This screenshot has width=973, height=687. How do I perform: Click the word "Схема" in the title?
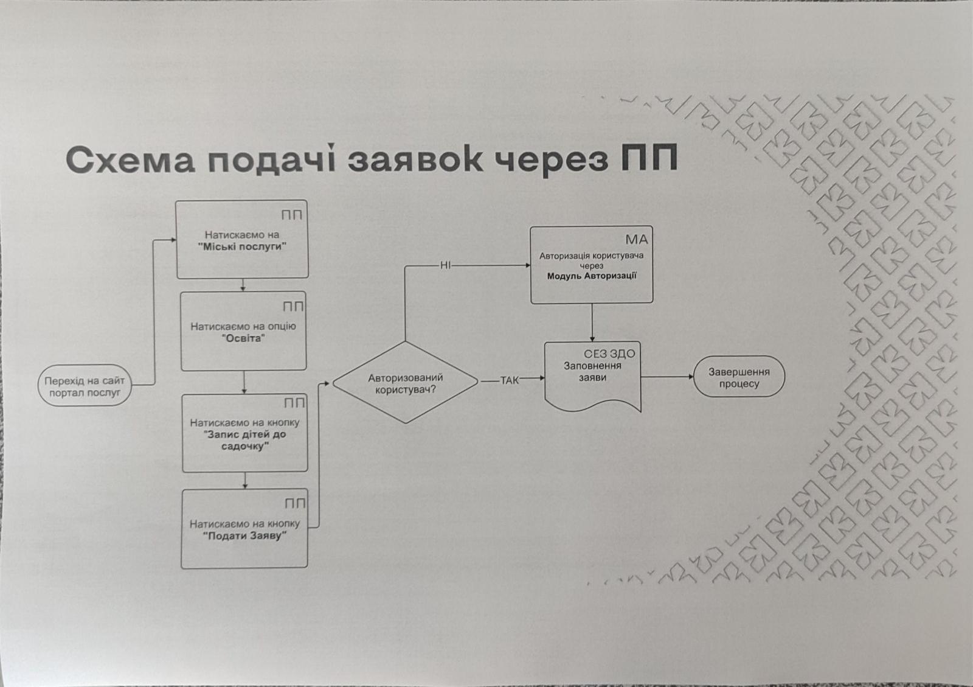coord(130,159)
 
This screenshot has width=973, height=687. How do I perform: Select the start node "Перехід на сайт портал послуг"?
coord(85,387)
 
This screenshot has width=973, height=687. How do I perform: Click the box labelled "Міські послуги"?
coord(242,240)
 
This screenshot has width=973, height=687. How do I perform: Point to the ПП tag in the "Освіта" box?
coord(293,307)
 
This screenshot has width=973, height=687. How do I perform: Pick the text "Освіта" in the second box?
coord(243,338)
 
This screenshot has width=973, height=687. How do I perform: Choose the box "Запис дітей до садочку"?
coord(245,433)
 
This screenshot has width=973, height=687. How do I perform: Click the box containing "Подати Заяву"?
coord(244,529)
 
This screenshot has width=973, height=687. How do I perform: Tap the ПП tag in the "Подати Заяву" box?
coord(295,504)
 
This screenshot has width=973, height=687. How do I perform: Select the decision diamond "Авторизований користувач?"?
coord(406,382)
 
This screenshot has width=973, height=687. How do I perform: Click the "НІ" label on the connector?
coord(445,265)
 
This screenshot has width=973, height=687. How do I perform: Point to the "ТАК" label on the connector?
coord(510,380)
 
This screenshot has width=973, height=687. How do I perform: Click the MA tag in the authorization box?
coord(637,239)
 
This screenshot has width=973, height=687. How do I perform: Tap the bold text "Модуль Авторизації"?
coord(592,276)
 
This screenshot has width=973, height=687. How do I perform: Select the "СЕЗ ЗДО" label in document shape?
coord(609,354)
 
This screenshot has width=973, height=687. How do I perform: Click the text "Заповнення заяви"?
coord(592,372)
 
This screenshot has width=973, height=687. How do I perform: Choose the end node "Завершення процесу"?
coord(739,377)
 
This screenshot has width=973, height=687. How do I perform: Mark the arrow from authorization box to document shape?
coord(592,323)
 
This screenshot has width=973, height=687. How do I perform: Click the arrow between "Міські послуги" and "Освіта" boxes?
coord(243,285)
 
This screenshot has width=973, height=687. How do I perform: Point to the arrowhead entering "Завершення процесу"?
coord(690,377)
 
